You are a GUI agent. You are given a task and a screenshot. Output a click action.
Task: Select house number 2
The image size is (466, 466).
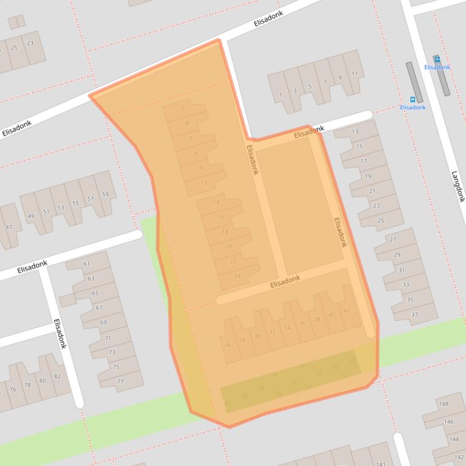point(182,109)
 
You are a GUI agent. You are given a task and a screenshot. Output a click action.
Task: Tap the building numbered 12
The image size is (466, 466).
point(204,182)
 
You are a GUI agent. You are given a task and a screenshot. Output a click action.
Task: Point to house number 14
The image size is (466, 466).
point(216,202)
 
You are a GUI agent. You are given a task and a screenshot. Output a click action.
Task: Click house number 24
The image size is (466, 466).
point(237,276)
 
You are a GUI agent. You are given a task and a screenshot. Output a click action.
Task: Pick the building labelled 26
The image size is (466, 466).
point(228,345)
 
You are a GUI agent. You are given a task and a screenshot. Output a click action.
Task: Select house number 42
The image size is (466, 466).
point(347,310)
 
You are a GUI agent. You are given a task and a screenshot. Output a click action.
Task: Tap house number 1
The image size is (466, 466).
point(280,95)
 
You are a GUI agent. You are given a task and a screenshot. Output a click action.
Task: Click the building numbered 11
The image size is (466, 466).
point(354,74)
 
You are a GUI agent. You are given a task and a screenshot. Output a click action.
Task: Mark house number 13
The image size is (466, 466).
point(355,131)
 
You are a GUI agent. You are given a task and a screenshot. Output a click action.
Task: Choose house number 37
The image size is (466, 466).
point(414,315)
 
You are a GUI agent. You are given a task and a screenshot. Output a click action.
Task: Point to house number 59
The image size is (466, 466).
point(105,194)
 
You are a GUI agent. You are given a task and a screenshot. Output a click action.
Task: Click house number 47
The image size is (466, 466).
point(8,227)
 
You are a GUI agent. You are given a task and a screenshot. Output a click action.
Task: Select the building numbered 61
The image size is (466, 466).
point(87,264)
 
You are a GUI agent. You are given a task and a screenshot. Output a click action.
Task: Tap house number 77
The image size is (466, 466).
point(120,381)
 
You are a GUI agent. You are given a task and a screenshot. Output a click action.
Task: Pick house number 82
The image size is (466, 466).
point(57,376)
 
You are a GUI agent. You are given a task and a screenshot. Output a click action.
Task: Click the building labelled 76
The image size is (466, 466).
point(12,389)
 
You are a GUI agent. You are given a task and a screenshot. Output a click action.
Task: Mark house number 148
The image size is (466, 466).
point(444,404)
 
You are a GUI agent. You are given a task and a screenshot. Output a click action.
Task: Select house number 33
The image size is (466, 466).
point(405,285)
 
